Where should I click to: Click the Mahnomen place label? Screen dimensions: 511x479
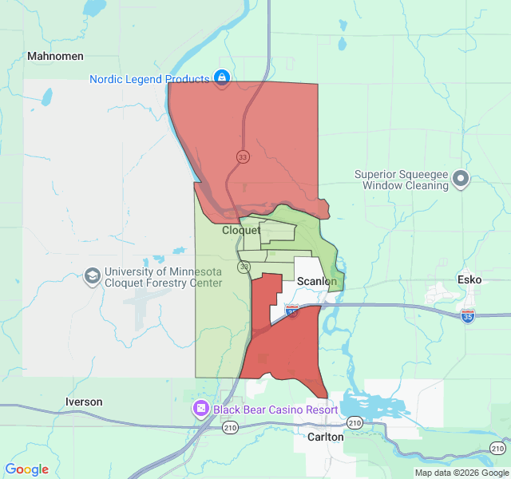pyautogui.click(x=55, y=57)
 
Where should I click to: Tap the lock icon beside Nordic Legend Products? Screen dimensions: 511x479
pyautogui.click(x=222, y=78)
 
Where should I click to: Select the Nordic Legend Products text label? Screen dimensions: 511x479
pyautogui.click(x=149, y=79)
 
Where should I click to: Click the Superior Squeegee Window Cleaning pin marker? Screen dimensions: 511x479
pyautogui.click(x=461, y=179)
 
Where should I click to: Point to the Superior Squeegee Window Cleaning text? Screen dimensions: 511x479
pyautogui.click(x=402, y=180)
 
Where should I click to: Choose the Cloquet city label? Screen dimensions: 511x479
pyautogui.click(x=241, y=230)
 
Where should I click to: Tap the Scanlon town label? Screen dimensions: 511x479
pyautogui.click(x=317, y=282)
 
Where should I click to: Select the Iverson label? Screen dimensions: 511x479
pyautogui.click(x=84, y=402)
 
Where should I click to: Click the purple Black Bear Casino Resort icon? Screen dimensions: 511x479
pyautogui.click(x=200, y=410)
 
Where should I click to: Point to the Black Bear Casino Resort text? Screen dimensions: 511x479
pyautogui.click(x=275, y=410)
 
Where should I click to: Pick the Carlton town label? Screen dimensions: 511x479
pyautogui.click(x=325, y=437)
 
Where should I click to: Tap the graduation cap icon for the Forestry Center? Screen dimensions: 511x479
pyautogui.click(x=93, y=276)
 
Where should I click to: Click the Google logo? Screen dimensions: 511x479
pyautogui.click(x=27, y=469)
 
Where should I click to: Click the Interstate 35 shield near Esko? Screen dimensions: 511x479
pyautogui.click(x=468, y=317)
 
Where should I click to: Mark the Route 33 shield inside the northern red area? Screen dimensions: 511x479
pyautogui.click(x=242, y=156)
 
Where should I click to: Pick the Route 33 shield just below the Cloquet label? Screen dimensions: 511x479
pyautogui.click(x=244, y=267)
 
